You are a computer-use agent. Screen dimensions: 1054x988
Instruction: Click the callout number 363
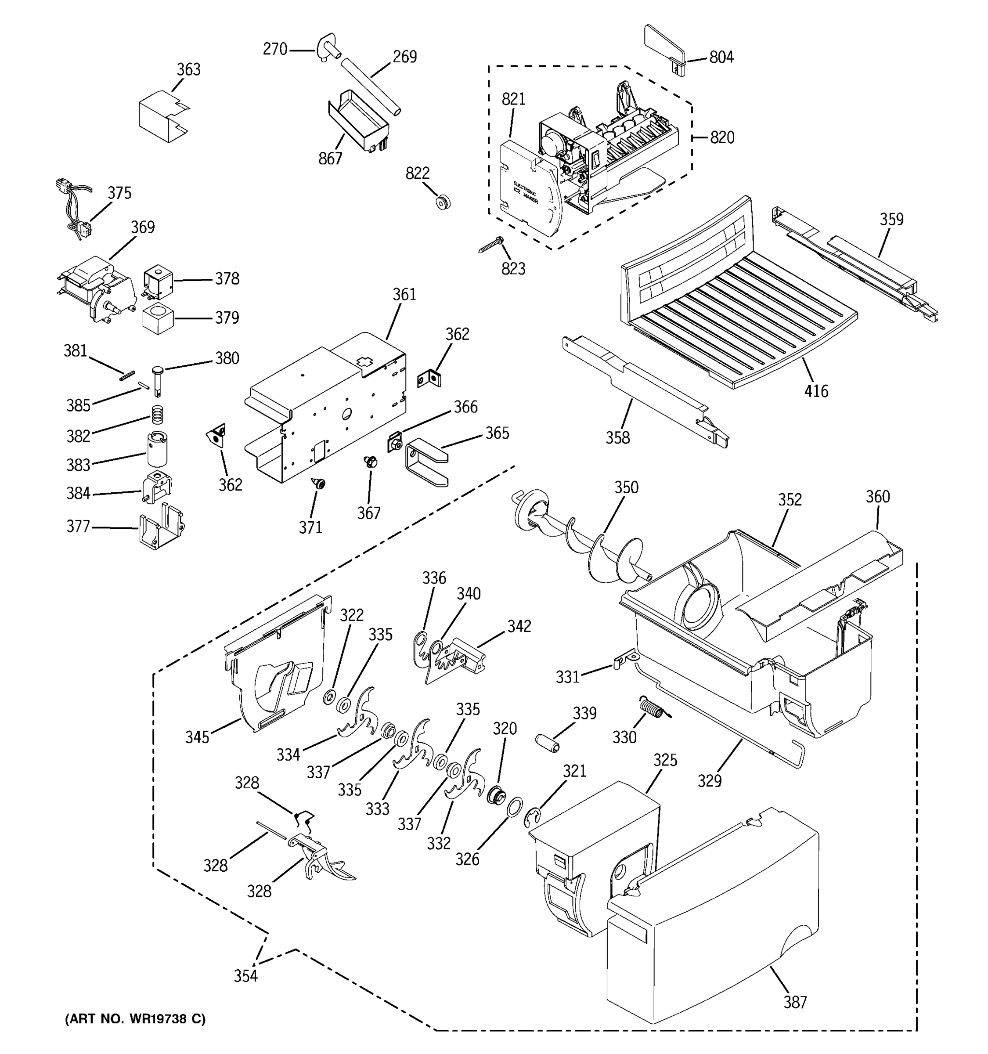point(189,69)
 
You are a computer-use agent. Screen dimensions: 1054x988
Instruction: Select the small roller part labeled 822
point(443,202)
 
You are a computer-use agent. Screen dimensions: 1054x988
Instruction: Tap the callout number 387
point(795,1002)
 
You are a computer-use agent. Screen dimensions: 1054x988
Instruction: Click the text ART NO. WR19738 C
point(135,1018)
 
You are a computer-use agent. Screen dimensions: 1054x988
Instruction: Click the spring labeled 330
point(653,709)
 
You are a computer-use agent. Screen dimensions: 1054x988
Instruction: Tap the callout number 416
point(816,391)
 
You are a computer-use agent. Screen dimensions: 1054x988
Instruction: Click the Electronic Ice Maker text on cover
point(525,192)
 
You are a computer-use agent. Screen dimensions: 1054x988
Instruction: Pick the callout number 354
point(246,975)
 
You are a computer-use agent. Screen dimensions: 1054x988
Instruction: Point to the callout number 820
point(722,138)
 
